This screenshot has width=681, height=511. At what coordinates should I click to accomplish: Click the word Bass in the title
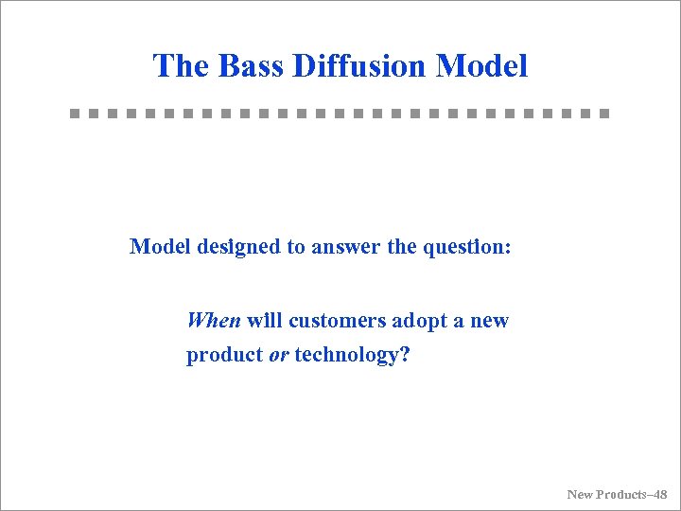(x=252, y=66)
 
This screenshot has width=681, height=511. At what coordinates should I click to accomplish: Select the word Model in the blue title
(x=481, y=66)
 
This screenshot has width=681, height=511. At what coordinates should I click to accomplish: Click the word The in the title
(x=182, y=66)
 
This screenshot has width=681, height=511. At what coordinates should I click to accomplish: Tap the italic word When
(x=214, y=321)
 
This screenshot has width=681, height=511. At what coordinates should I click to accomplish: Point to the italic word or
(x=278, y=356)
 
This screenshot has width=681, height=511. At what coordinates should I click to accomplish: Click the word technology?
(x=352, y=356)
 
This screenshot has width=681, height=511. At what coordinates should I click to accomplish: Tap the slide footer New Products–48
(x=617, y=494)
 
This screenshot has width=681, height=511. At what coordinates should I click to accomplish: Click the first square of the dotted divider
(x=75, y=114)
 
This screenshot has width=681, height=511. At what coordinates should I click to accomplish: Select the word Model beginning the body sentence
(x=158, y=247)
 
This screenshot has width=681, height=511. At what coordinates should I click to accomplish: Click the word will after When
(x=266, y=321)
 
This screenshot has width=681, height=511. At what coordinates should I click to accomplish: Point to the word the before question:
(x=401, y=247)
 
